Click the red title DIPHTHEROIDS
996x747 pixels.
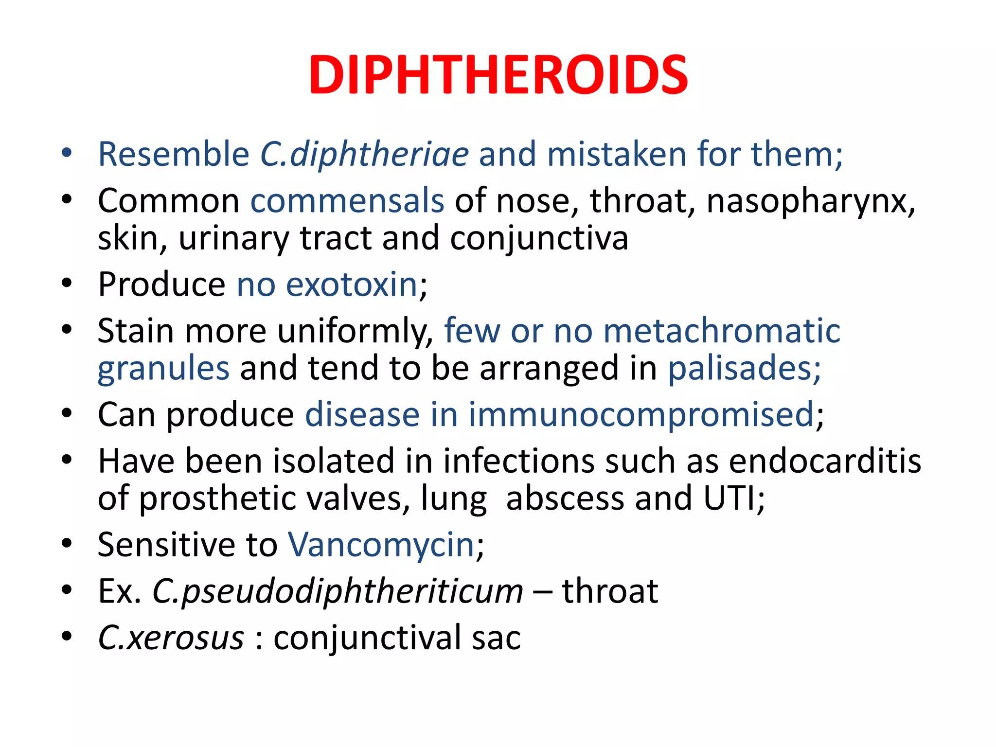(498, 75)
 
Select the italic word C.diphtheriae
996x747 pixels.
(364, 154)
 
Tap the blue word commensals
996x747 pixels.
(347, 200)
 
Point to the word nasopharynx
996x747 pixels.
(811, 201)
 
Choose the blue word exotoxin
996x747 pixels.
(352, 285)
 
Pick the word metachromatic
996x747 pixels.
(722, 331)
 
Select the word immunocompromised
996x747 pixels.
(641, 415)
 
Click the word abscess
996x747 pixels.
(565, 498)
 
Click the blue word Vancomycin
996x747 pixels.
(381, 545)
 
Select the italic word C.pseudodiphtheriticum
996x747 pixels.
(338, 592)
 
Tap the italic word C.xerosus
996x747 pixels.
(171, 638)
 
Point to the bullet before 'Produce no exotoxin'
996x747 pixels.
(67, 283)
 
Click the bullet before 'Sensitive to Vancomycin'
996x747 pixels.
(67, 543)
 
